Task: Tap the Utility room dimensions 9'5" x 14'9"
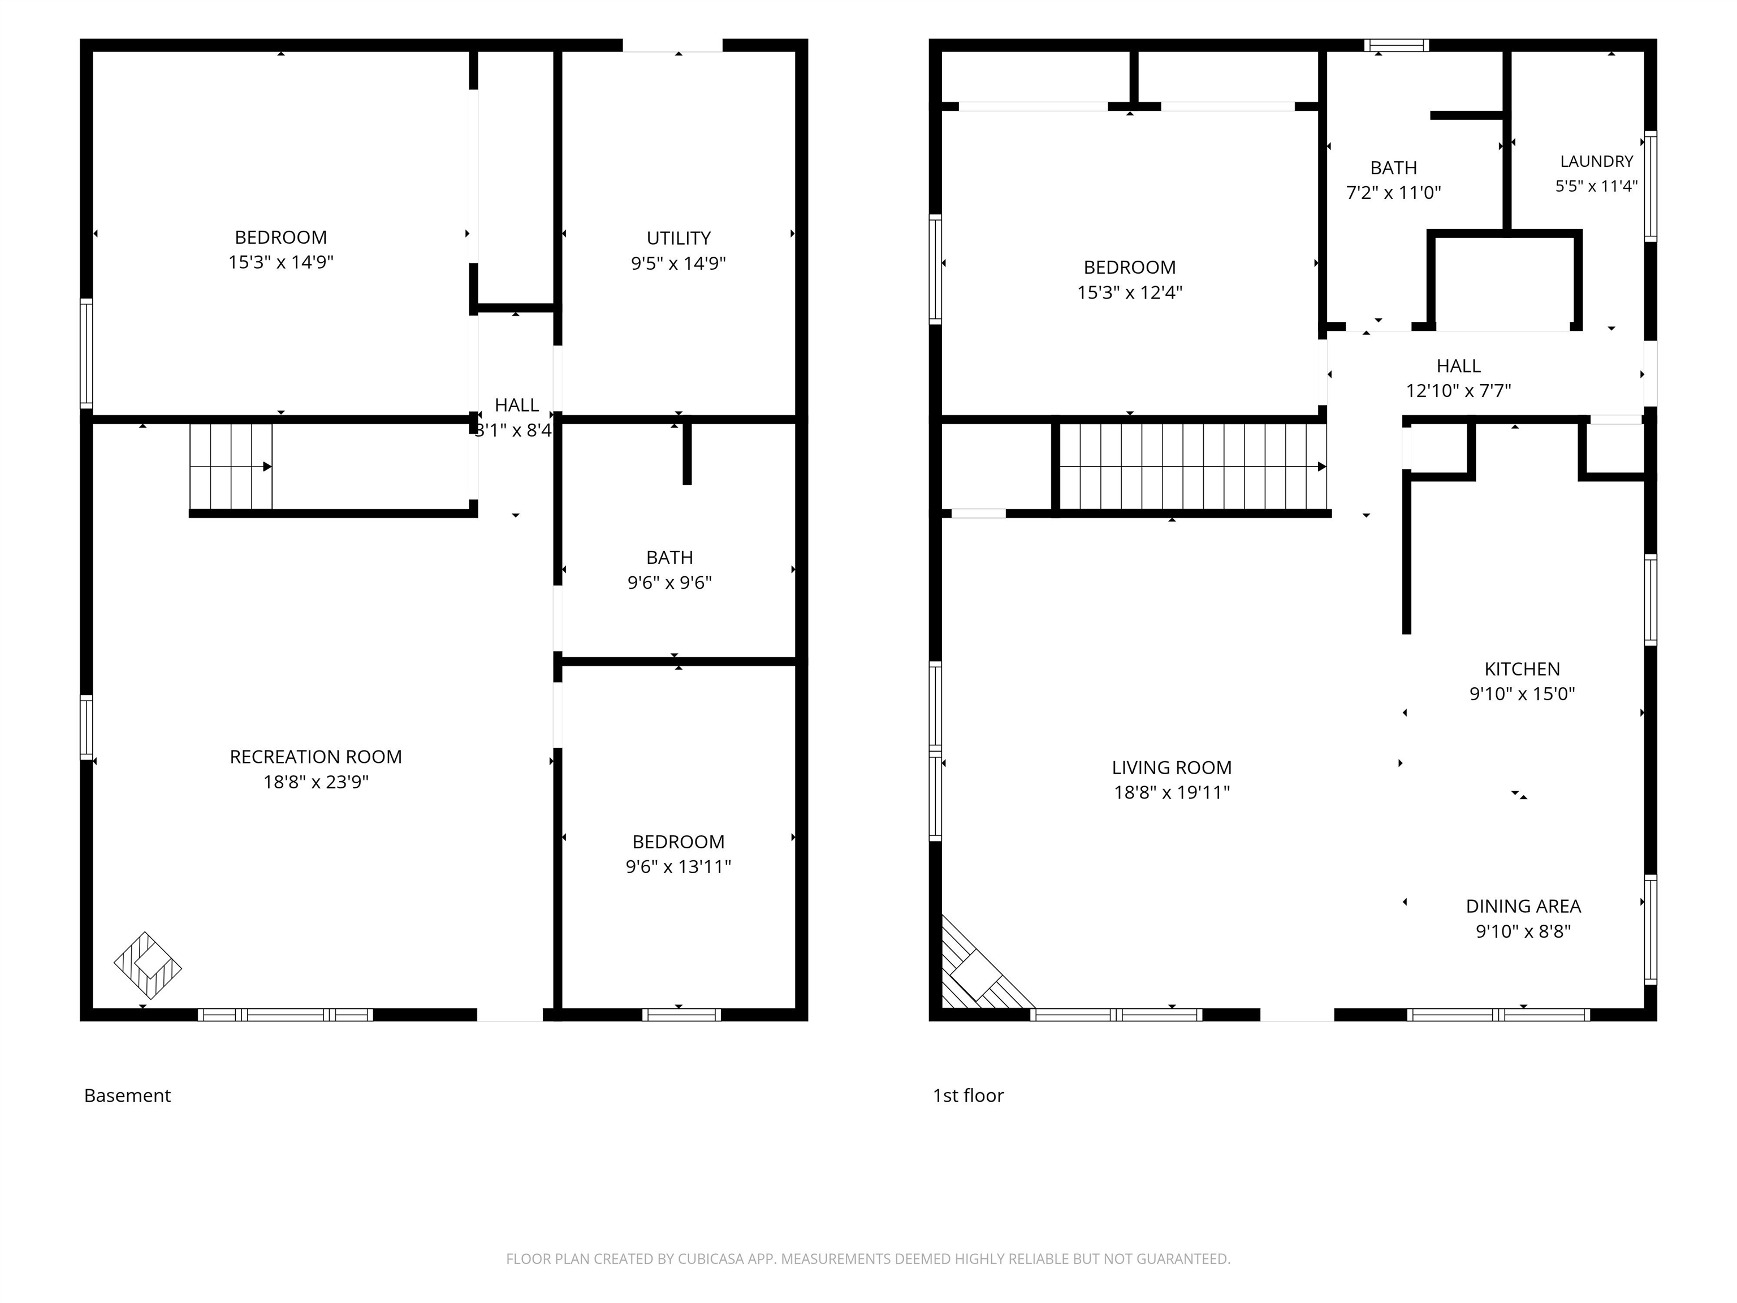tap(679, 263)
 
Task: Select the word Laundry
tap(1596, 161)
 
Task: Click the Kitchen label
tap(1522, 668)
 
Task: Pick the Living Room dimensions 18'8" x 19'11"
tap(1172, 792)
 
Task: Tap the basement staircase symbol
tap(231, 467)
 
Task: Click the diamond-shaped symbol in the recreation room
tap(148, 965)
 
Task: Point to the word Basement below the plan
tap(127, 1095)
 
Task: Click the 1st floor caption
tap(968, 1095)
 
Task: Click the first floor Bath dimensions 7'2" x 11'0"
tap(1394, 192)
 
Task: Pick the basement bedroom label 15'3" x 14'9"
tap(281, 261)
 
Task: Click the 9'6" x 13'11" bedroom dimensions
tap(679, 866)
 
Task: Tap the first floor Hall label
tap(1458, 365)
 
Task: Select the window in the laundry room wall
tap(1650, 186)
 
